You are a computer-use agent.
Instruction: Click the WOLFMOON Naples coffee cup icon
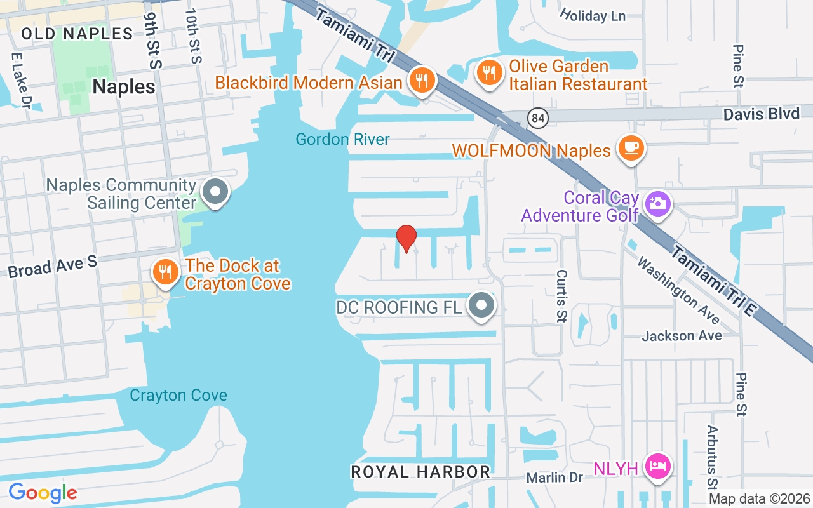tap(631, 149)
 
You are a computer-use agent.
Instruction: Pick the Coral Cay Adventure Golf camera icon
tap(657, 204)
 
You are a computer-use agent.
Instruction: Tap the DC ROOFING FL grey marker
tap(481, 306)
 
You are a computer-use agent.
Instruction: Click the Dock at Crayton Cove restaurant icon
tap(165, 272)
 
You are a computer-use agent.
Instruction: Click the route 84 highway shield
tap(538, 118)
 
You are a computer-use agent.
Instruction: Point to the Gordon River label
tap(343, 139)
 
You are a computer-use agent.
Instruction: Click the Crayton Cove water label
tap(178, 396)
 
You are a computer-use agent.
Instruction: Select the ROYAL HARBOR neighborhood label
tap(420, 472)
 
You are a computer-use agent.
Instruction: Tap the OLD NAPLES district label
tap(77, 34)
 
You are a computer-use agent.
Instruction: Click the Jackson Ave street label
tap(682, 335)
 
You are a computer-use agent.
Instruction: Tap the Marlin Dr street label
tap(554, 477)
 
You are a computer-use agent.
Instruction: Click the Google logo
tap(43, 493)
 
